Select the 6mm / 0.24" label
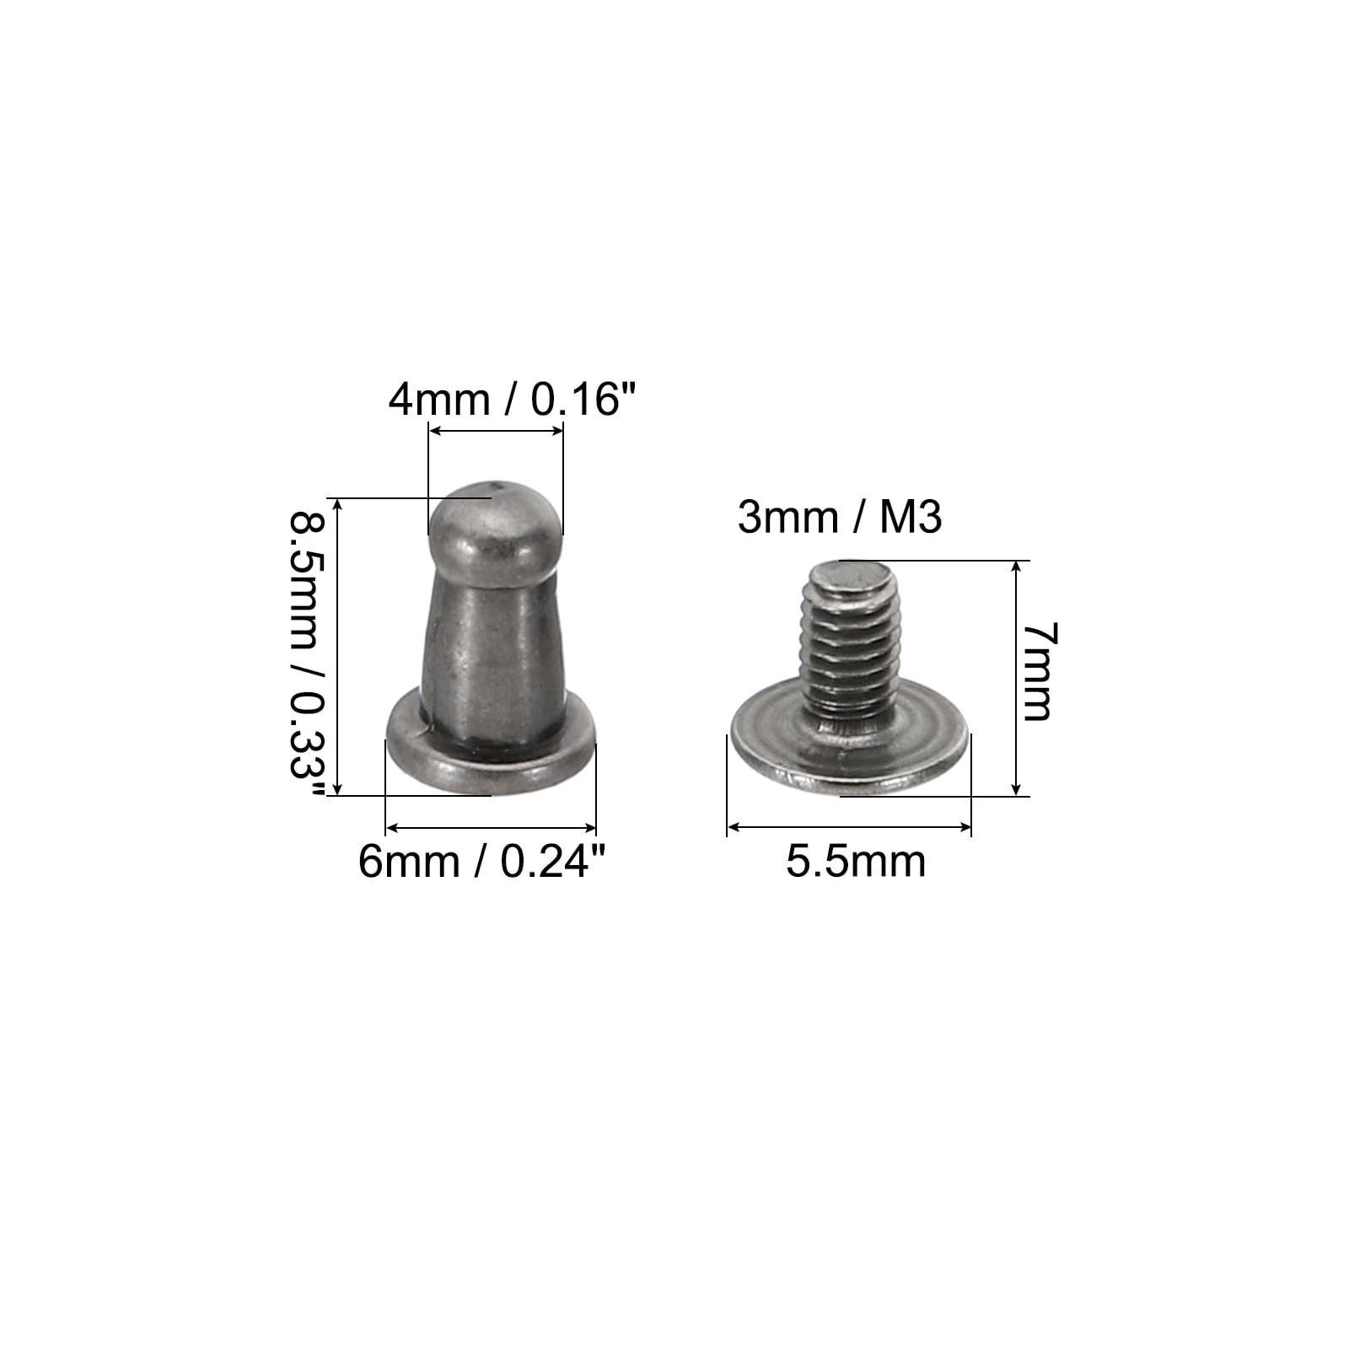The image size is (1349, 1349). point(482,862)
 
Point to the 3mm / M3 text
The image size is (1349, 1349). point(839,517)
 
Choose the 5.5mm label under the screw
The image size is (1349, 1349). point(856,862)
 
